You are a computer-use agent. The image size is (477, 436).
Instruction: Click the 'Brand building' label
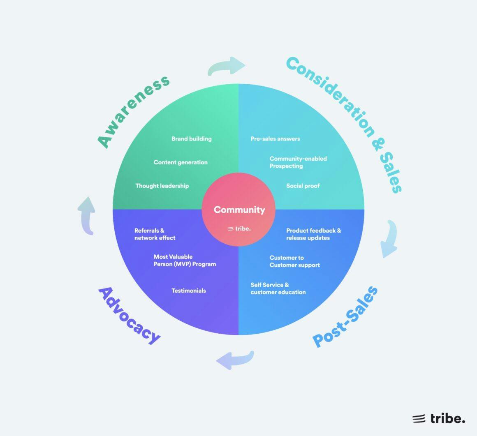click(191, 139)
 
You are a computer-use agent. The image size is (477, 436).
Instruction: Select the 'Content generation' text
click(181, 162)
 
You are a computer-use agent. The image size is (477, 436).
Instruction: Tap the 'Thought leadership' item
click(162, 186)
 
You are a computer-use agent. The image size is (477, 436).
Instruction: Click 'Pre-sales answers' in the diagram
click(275, 139)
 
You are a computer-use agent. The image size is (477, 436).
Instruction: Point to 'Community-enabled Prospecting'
click(298, 162)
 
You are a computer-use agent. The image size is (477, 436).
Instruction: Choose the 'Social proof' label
click(303, 186)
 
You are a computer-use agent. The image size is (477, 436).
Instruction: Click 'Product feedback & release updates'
click(313, 234)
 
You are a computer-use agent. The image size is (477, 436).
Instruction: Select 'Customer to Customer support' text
click(294, 261)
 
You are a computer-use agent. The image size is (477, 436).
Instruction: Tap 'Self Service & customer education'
click(278, 288)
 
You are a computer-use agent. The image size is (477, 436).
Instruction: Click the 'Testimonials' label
click(188, 291)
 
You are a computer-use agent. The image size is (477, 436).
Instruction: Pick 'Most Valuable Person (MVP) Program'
click(185, 261)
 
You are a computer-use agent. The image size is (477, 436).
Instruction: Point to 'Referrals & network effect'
click(155, 234)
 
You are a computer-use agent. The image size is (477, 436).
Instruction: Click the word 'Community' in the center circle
click(239, 210)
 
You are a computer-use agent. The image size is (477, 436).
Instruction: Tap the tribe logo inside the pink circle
click(239, 228)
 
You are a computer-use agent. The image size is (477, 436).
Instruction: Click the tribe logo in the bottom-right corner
click(439, 418)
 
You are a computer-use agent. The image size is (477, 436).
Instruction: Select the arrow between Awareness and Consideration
click(227, 66)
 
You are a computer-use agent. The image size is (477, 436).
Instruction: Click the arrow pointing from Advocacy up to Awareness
click(86, 215)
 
